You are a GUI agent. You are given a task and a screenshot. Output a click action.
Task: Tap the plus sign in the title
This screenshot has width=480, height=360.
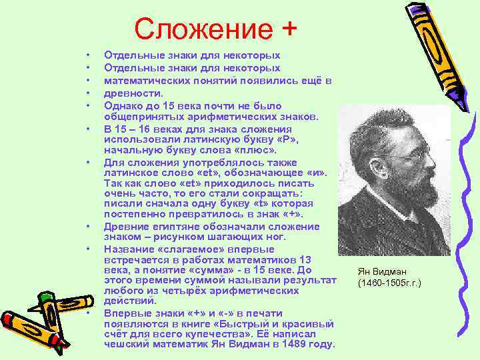point(287,29)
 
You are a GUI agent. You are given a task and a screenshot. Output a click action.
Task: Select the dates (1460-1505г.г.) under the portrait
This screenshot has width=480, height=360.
point(389,283)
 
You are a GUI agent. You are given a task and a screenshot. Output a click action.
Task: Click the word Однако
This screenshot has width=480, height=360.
point(123,105)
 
